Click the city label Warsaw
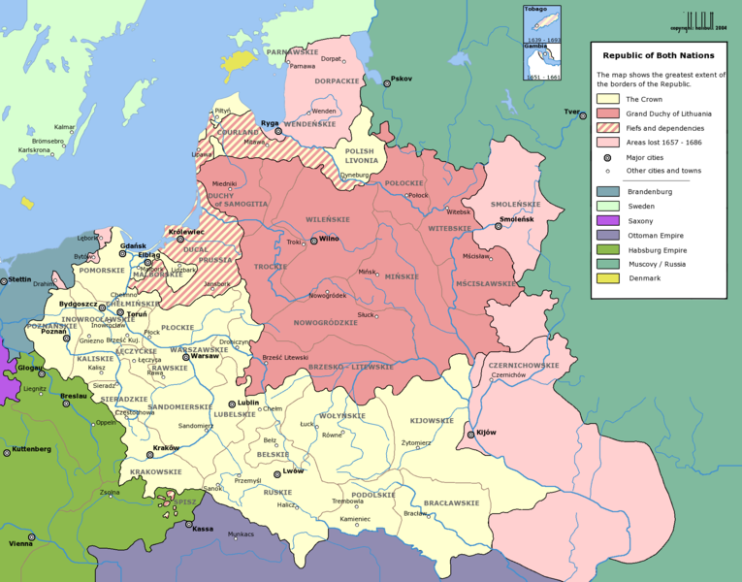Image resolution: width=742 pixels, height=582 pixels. point(206,356)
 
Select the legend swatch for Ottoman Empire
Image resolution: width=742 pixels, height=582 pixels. point(608,235)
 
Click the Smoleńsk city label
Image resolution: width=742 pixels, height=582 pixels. point(516,220)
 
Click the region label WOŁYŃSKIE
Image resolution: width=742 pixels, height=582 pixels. point(341,415)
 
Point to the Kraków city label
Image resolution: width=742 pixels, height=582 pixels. point(166,448)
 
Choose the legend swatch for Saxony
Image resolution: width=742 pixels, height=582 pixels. point(608,220)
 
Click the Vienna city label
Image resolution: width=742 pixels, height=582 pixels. point(20,543)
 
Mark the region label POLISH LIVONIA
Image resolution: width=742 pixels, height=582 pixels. point(359,157)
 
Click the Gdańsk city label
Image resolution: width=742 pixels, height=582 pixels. point(132,246)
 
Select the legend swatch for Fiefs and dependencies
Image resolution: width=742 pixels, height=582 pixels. point(608,128)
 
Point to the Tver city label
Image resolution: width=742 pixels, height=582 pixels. point(572,113)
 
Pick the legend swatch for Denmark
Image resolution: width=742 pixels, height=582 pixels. point(608,278)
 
